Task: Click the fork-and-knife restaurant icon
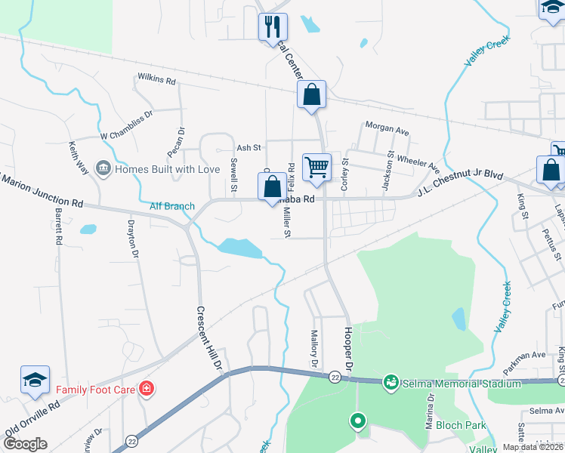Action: point(272,27)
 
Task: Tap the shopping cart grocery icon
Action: point(316,167)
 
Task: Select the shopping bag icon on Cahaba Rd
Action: point(272,186)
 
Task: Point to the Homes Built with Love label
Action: point(166,168)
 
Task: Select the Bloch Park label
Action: point(465,425)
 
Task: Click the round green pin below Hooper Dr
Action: point(357,420)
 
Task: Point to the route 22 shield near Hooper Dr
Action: point(333,377)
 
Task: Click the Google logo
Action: point(25,443)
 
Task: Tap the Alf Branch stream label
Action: point(172,206)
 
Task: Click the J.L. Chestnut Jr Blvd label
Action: point(460,183)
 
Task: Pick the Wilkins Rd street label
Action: point(156,79)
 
